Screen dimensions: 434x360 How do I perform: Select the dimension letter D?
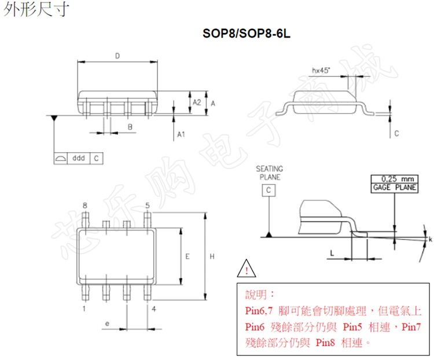(117, 56)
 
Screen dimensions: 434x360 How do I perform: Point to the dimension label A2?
(197, 102)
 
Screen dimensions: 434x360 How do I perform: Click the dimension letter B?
(130, 126)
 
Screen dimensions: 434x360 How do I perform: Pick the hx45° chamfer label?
(320, 71)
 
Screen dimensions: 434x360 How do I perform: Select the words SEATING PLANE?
(269, 172)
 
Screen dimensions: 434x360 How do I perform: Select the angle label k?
(430, 239)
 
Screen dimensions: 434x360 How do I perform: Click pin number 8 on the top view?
(85, 205)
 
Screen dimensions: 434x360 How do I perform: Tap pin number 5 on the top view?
(148, 205)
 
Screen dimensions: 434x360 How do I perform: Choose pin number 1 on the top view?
(84, 308)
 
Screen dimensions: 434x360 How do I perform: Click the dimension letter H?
(212, 255)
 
